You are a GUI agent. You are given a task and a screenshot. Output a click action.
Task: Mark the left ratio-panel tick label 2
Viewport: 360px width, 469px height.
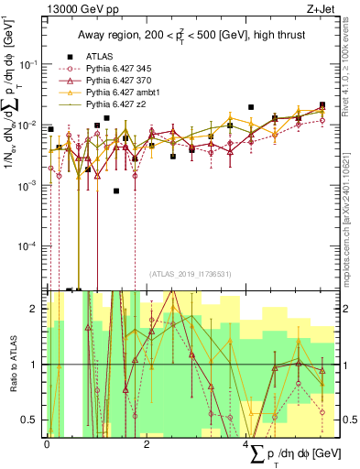click(34, 310)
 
